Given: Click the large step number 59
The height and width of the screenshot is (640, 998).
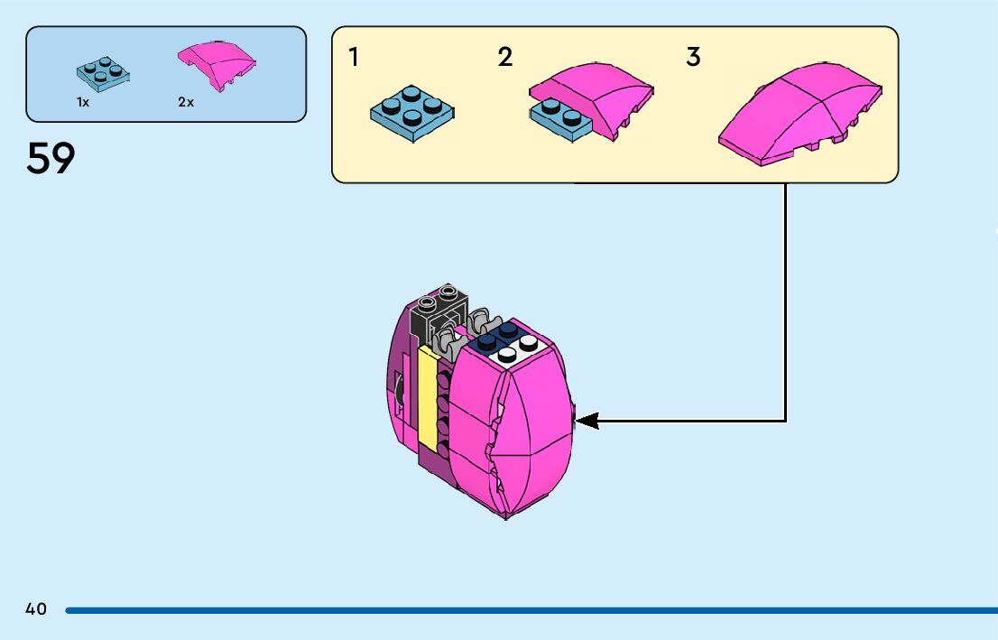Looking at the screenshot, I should pyautogui.click(x=51, y=159).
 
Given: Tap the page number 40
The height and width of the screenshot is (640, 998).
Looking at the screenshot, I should pyautogui.click(x=36, y=609).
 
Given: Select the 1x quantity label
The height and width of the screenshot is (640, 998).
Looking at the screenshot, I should pyautogui.click(x=83, y=103).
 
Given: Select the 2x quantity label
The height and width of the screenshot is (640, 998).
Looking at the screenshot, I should pyautogui.click(x=186, y=103).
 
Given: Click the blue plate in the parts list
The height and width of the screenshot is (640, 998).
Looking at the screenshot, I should pyautogui.click(x=102, y=75).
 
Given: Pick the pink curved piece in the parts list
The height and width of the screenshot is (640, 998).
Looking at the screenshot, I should pyautogui.click(x=217, y=64).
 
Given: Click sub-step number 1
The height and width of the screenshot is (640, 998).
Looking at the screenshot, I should pyautogui.click(x=354, y=58).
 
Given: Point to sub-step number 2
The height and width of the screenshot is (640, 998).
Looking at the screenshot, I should pyautogui.click(x=505, y=58).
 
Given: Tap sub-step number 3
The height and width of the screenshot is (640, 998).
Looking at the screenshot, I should pyautogui.click(x=693, y=58).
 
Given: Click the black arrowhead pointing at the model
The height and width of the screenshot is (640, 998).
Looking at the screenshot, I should pyautogui.click(x=587, y=421).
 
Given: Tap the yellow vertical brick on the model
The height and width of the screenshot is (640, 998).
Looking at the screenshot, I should pyautogui.click(x=428, y=397).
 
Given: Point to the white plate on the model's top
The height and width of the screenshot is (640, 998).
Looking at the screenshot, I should pyautogui.click(x=514, y=350).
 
